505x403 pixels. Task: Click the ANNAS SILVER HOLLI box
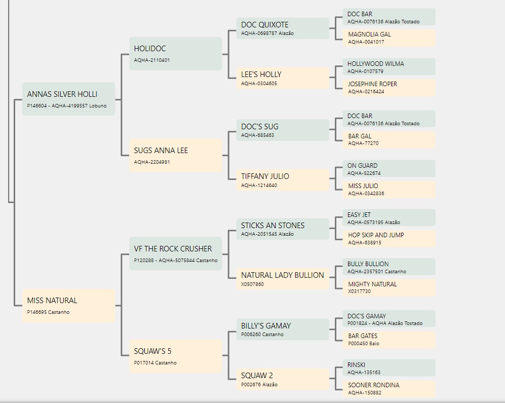click(x=68, y=99)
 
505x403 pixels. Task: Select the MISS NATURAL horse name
click(x=52, y=301)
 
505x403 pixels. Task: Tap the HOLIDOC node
click(x=176, y=54)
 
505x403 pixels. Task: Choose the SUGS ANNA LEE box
click(x=176, y=156)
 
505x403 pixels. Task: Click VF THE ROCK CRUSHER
click(x=173, y=249)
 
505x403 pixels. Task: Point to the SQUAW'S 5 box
click(x=176, y=356)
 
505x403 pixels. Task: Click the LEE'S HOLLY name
click(x=261, y=75)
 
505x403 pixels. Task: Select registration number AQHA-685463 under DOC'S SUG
click(x=258, y=135)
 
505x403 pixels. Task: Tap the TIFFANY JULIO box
click(x=283, y=180)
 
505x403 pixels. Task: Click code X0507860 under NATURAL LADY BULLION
click(x=252, y=284)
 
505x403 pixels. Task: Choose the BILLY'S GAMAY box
click(x=283, y=329)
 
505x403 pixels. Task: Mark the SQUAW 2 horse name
click(x=257, y=376)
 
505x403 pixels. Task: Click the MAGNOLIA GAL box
click(x=389, y=38)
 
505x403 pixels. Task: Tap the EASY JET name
click(x=359, y=215)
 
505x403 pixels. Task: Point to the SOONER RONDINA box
click(x=389, y=388)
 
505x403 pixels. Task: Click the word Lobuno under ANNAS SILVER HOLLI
click(x=98, y=106)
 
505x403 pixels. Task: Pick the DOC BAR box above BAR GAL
click(x=389, y=119)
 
